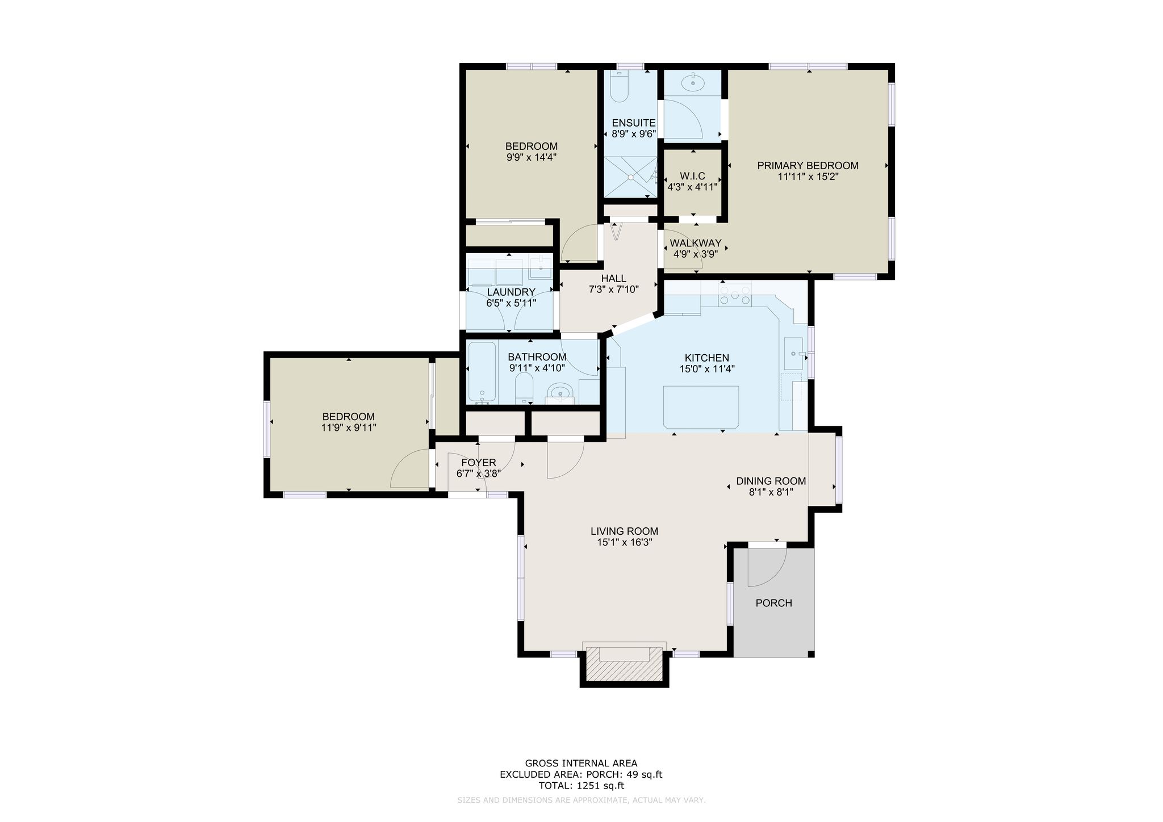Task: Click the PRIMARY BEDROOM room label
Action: point(808,166)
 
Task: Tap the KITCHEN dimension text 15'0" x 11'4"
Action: point(707,368)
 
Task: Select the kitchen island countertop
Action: point(701,407)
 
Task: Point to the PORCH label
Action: point(773,603)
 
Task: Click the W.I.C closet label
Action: point(692,177)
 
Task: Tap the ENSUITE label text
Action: point(633,123)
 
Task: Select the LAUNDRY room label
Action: point(511,292)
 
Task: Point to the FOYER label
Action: point(479,463)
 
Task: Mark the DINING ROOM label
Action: point(771,481)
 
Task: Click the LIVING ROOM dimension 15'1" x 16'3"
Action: point(624,542)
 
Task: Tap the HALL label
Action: point(614,279)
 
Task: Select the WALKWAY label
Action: point(696,244)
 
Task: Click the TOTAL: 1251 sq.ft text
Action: point(581,786)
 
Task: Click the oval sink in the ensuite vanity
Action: point(693,83)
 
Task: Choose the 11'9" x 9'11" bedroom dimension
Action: point(349,427)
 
